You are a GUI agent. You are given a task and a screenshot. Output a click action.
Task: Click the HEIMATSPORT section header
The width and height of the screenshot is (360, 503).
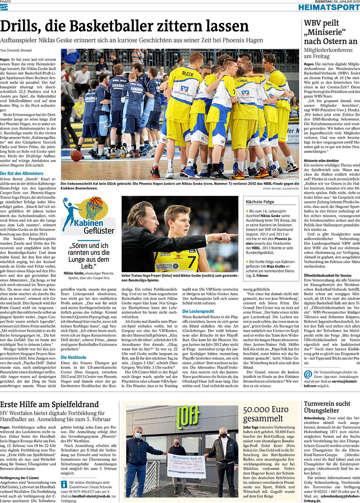pyautogui.click(x=329, y=7)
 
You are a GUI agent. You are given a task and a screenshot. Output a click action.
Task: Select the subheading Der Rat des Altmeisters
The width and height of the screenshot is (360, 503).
pyautogui.click(x=22, y=173)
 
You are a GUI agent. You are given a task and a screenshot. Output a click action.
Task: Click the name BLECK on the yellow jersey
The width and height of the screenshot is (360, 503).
pyautogui.click(x=188, y=73)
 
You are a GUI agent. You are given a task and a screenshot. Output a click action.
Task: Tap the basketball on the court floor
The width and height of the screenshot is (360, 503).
pyautogui.click(x=76, y=156)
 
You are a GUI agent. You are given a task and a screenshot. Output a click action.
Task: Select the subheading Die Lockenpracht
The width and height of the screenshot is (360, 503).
pyautogui.click(x=198, y=311)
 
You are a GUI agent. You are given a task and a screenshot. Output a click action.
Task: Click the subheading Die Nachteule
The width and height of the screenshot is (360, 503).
pyautogui.click(x=73, y=357)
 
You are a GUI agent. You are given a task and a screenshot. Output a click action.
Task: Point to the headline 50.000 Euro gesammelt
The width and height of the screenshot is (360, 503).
pyautogui.click(x=266, y=414)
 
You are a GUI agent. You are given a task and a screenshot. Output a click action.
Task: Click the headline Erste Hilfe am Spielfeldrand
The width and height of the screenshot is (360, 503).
pyautogui.click(x=49, y=404)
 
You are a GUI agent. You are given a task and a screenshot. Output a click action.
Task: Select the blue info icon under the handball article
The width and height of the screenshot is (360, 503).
pyautogui.click(x=64, y=484)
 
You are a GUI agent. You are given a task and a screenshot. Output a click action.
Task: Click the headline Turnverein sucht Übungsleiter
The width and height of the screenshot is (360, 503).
pyautogui.click(x=327, y=407)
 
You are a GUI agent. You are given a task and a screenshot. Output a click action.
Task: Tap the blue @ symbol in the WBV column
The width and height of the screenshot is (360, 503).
pyautogui.click(x=308, y=374)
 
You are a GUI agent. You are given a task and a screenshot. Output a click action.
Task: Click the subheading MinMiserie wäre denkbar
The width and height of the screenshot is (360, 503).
pyautogui.click(x=321, y=161)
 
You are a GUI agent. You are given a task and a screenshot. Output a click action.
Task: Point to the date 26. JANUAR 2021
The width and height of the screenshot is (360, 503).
pyautogui.click(x=346, y=2)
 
